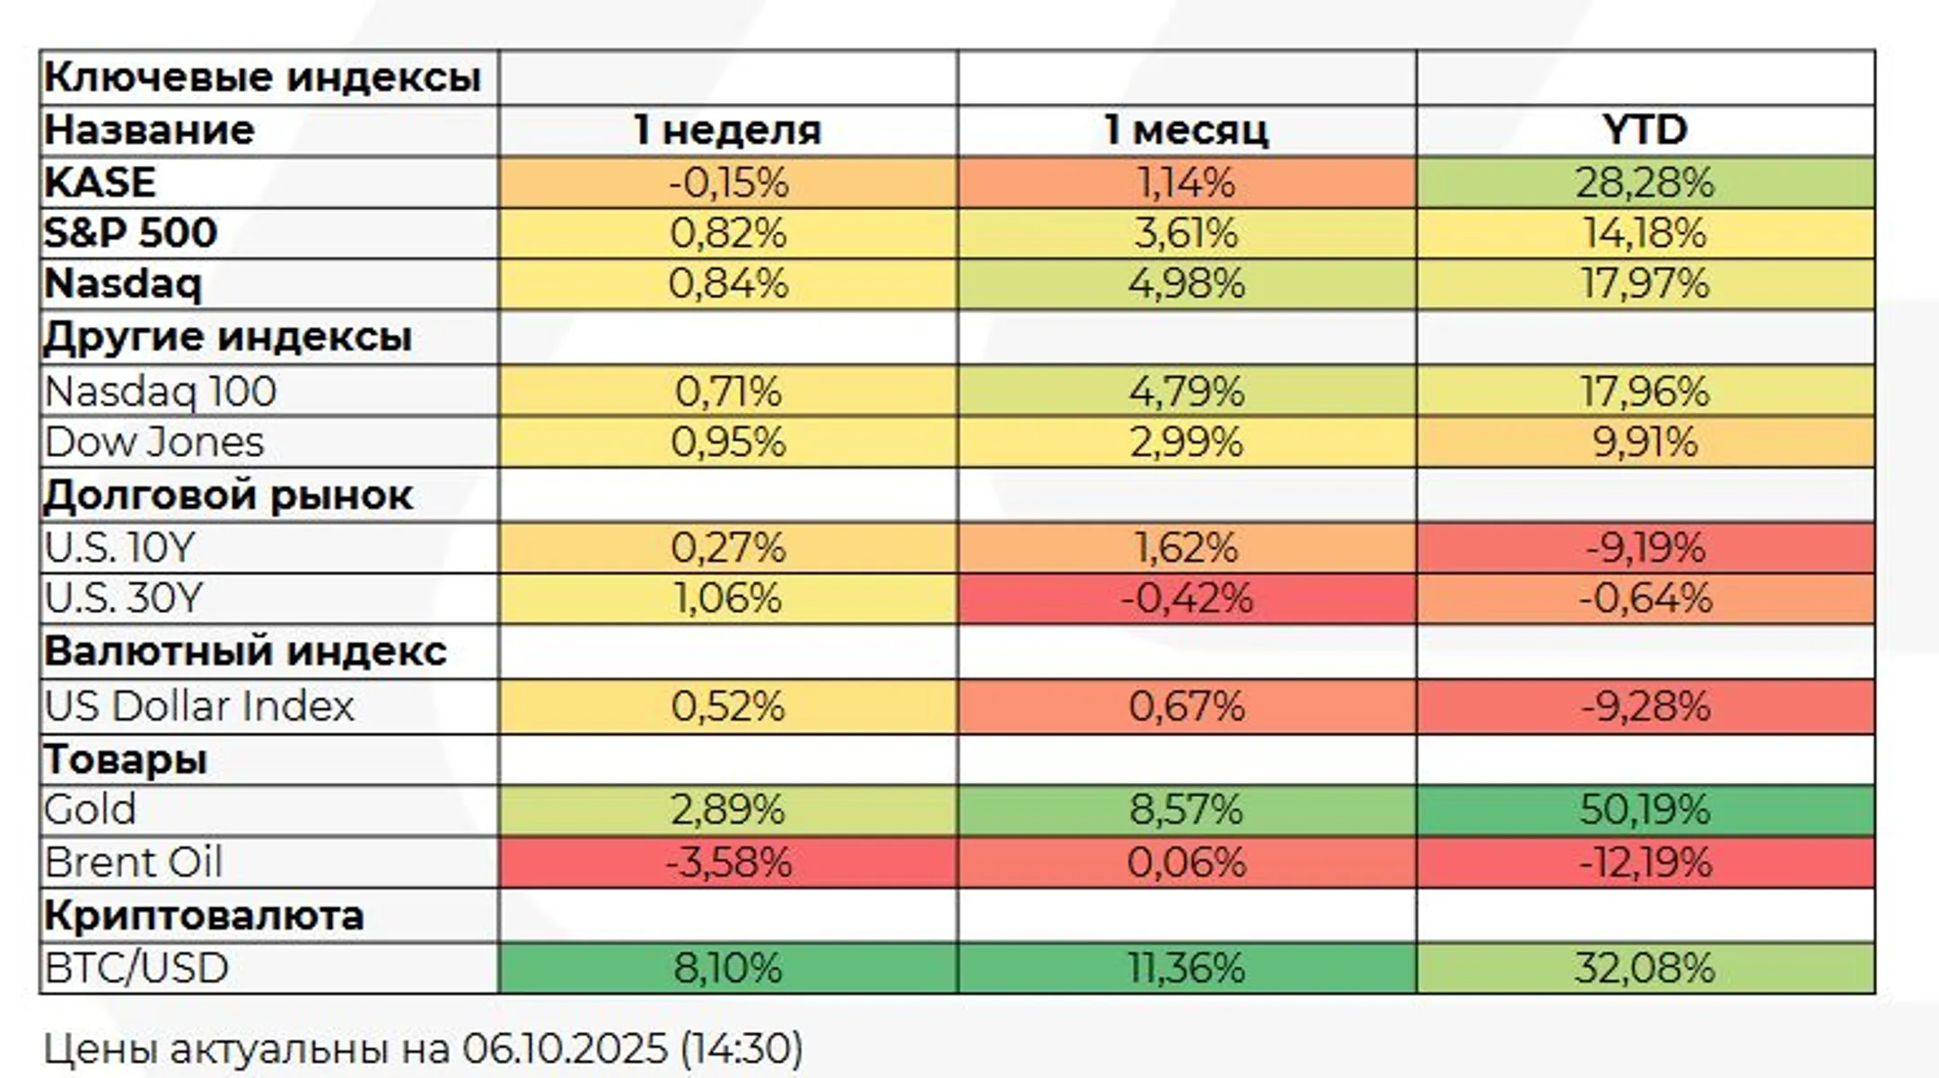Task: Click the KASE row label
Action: click(100, 183)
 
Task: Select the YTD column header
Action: click(1645, 130)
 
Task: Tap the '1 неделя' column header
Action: click(728, 130)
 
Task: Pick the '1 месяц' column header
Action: click(1186, 130)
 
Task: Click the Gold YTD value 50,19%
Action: click(1645, 810)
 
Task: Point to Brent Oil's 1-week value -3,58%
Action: click(728, 863)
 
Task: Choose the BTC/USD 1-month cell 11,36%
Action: click(1186, 968)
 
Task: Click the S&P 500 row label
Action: click(131, 233)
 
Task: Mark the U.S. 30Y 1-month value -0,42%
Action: click(1186, 599)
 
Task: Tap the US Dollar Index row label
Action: click(199, 706)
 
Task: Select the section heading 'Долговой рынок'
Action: click(228, 495)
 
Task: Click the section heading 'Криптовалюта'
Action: click(204, 916)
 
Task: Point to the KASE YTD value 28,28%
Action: click(1645, 183)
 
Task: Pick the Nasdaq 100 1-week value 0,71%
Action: click(728, 391)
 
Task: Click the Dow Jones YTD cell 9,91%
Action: click(1645, 443)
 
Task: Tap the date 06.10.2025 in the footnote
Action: click(566, 1048)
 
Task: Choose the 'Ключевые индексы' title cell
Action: click(262, 77)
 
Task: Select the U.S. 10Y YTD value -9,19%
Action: click(1645, 548)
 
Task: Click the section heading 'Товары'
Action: click(126, 760)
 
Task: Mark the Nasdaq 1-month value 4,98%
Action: click(1186, 285)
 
